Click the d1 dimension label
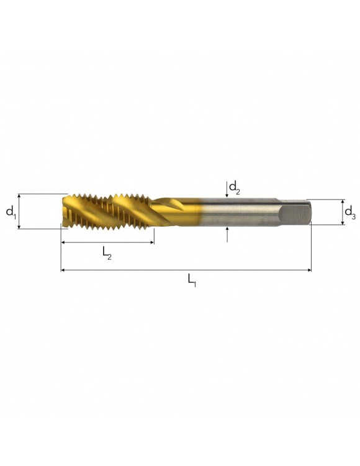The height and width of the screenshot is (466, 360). pos(11,212)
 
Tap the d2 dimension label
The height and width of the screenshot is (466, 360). pos(235,187)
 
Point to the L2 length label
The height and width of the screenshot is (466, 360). pos(107,253)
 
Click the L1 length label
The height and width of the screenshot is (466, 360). pos(191,280)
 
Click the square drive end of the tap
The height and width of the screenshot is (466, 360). pos(295,212)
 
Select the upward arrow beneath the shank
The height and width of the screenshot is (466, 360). pos(227,235)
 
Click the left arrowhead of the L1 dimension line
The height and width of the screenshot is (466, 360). pos(63,270)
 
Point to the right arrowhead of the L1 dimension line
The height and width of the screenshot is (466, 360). pos(309,270)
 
